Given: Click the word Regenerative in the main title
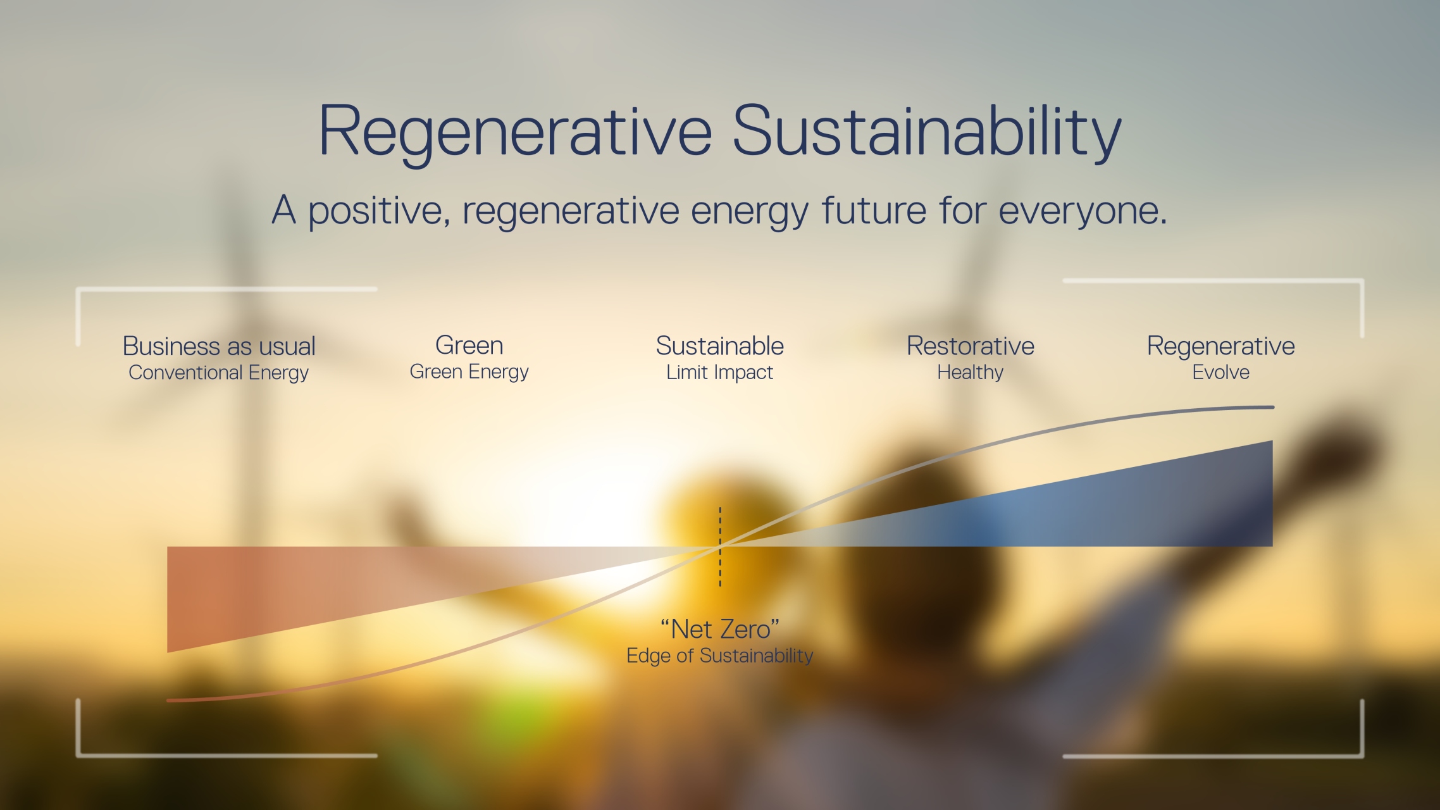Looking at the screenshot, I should click(515, 132).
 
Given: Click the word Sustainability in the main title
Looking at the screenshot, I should click(926, 132).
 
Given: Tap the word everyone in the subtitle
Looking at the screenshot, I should click(1082, 211).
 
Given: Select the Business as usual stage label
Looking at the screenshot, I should click(219, 346).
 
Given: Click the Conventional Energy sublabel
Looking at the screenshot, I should click(218, 373).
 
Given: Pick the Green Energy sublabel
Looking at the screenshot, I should click(469, 372).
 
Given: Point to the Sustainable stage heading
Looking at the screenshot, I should click(719, 346).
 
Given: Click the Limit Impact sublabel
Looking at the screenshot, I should click(719, 373).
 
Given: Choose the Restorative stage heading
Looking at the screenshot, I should click(970, 346).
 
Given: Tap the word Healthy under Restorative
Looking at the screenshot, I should click(970, 373).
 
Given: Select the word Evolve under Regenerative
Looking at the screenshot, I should click(1220, 373).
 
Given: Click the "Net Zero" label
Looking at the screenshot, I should click(719, 629).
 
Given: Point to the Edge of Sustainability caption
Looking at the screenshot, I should click(719, 656).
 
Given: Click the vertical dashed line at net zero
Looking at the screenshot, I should click(720, 570).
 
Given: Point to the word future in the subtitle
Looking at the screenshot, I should click(874, 211).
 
